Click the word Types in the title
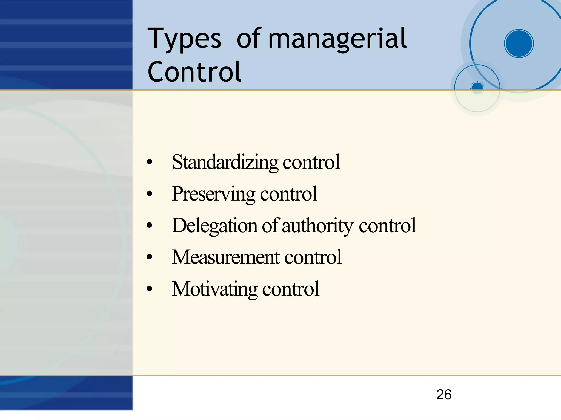(184, 39)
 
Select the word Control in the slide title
(194, 72)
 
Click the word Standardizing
(225, 162)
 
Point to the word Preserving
(214, 194)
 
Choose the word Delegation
(215, 226)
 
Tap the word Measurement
(226, 257)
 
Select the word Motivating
(215, 289)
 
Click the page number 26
(444, 395)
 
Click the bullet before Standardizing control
(149, 162)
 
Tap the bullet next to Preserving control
(149, 194)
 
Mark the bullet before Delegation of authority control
(149, 226)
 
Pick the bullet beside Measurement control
(149, 257)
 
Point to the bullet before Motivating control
(149, 289)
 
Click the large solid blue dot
(519, 44)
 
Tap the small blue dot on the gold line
(477, 87)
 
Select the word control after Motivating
(291, 289)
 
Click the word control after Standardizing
(311, 162)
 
